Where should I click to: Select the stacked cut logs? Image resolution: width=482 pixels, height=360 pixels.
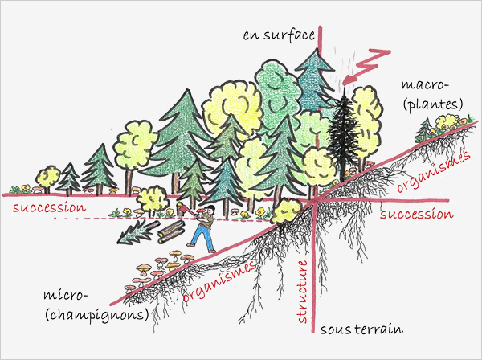[171, 233]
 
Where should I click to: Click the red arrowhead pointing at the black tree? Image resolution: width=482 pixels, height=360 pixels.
[346, 80]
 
